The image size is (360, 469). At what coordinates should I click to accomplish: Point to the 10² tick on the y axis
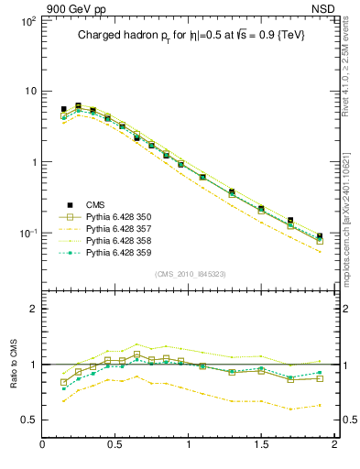[x=27, y=19]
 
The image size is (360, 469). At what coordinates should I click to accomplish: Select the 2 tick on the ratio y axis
[x=32, y=309]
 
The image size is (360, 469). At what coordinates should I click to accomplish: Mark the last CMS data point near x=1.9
[x=320, y=236]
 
